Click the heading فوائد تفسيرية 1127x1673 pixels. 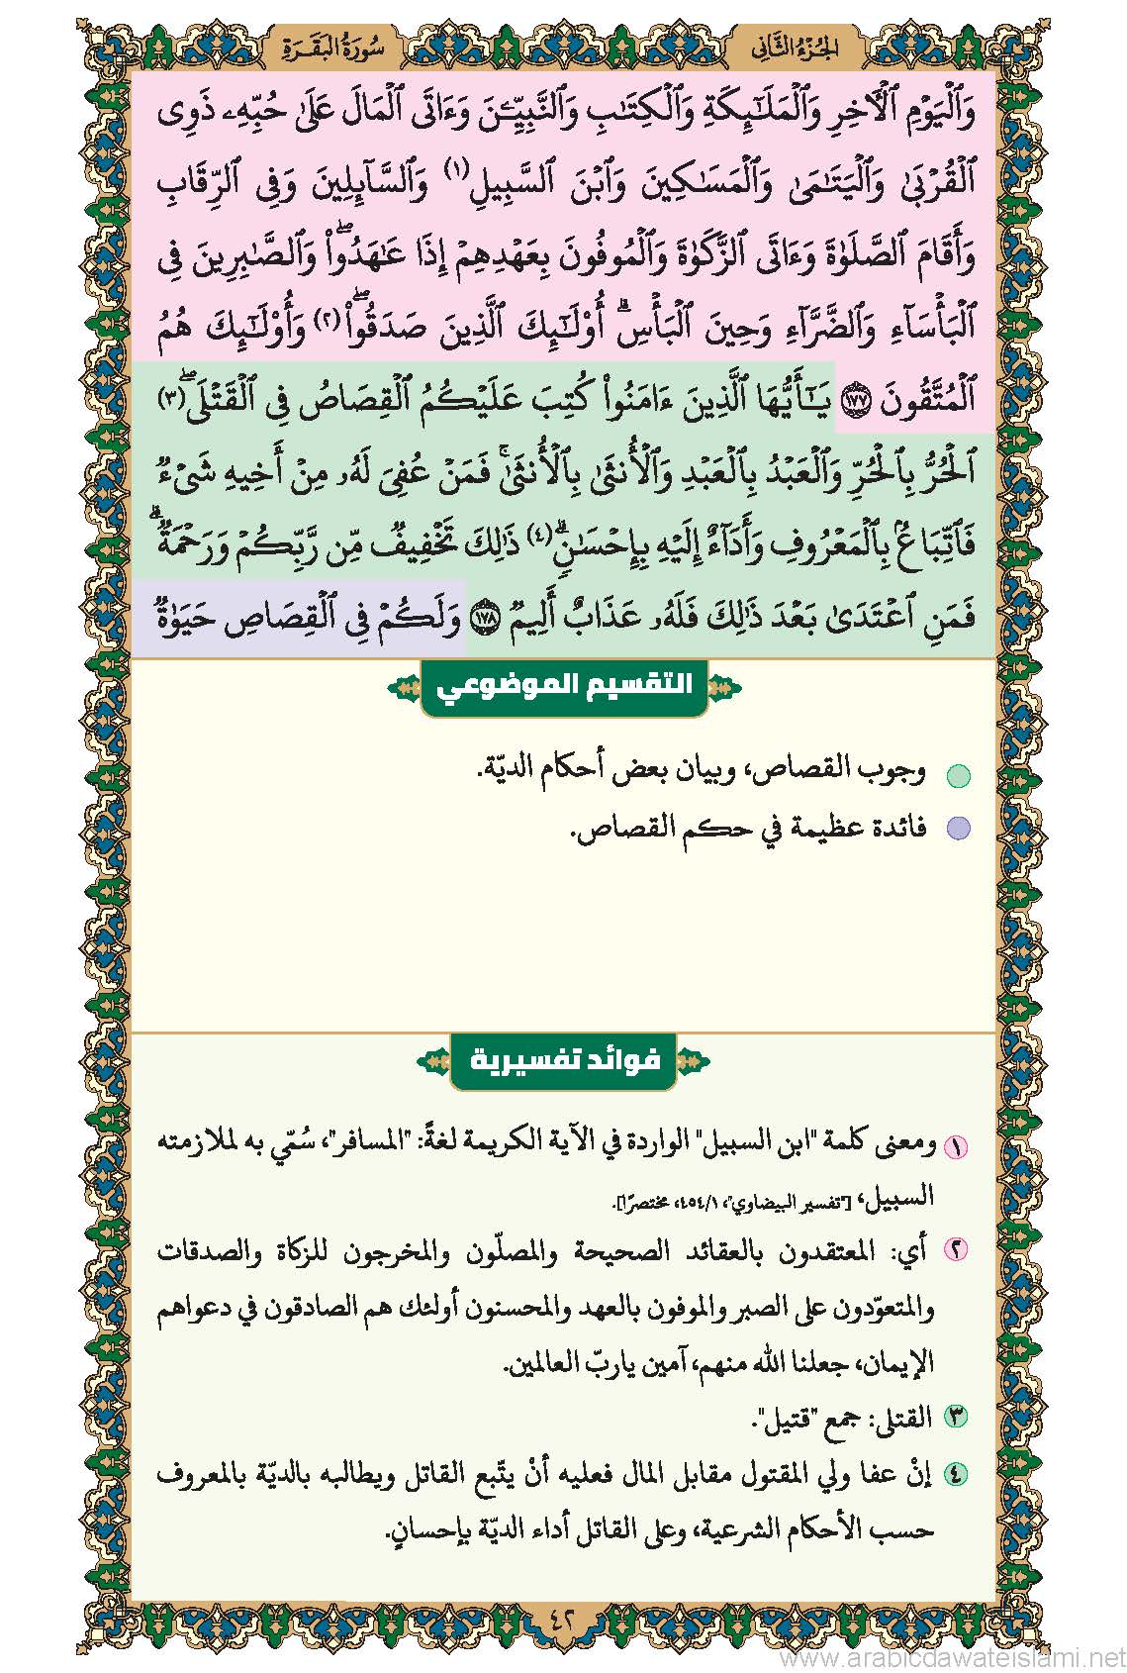point(563,1060)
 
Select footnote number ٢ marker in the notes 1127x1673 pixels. point(956,1250)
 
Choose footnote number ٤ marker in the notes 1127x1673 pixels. point(956,1474)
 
